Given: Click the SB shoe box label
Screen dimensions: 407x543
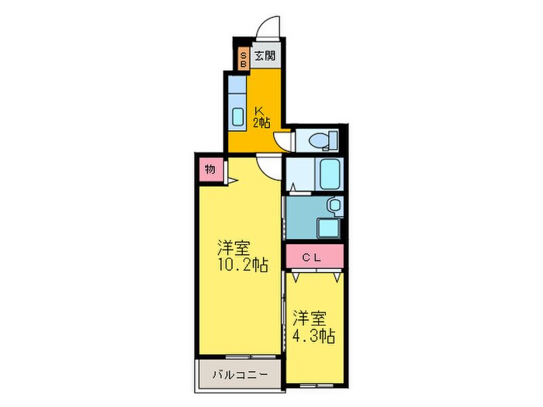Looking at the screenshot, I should tap(243, 59).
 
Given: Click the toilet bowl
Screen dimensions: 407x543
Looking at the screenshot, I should tap(316, 140).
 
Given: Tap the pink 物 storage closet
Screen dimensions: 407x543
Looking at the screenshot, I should tap(209, 169).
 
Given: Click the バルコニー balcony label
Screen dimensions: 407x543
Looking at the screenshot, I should tap(240, 375).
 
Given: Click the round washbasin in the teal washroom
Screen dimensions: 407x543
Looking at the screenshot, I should tap(333, 205).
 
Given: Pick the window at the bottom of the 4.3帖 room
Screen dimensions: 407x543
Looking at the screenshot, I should tap(314, 385).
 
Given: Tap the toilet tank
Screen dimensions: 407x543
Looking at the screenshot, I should tap(334, 140).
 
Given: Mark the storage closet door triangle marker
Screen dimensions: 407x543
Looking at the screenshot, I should tap(230, 183).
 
